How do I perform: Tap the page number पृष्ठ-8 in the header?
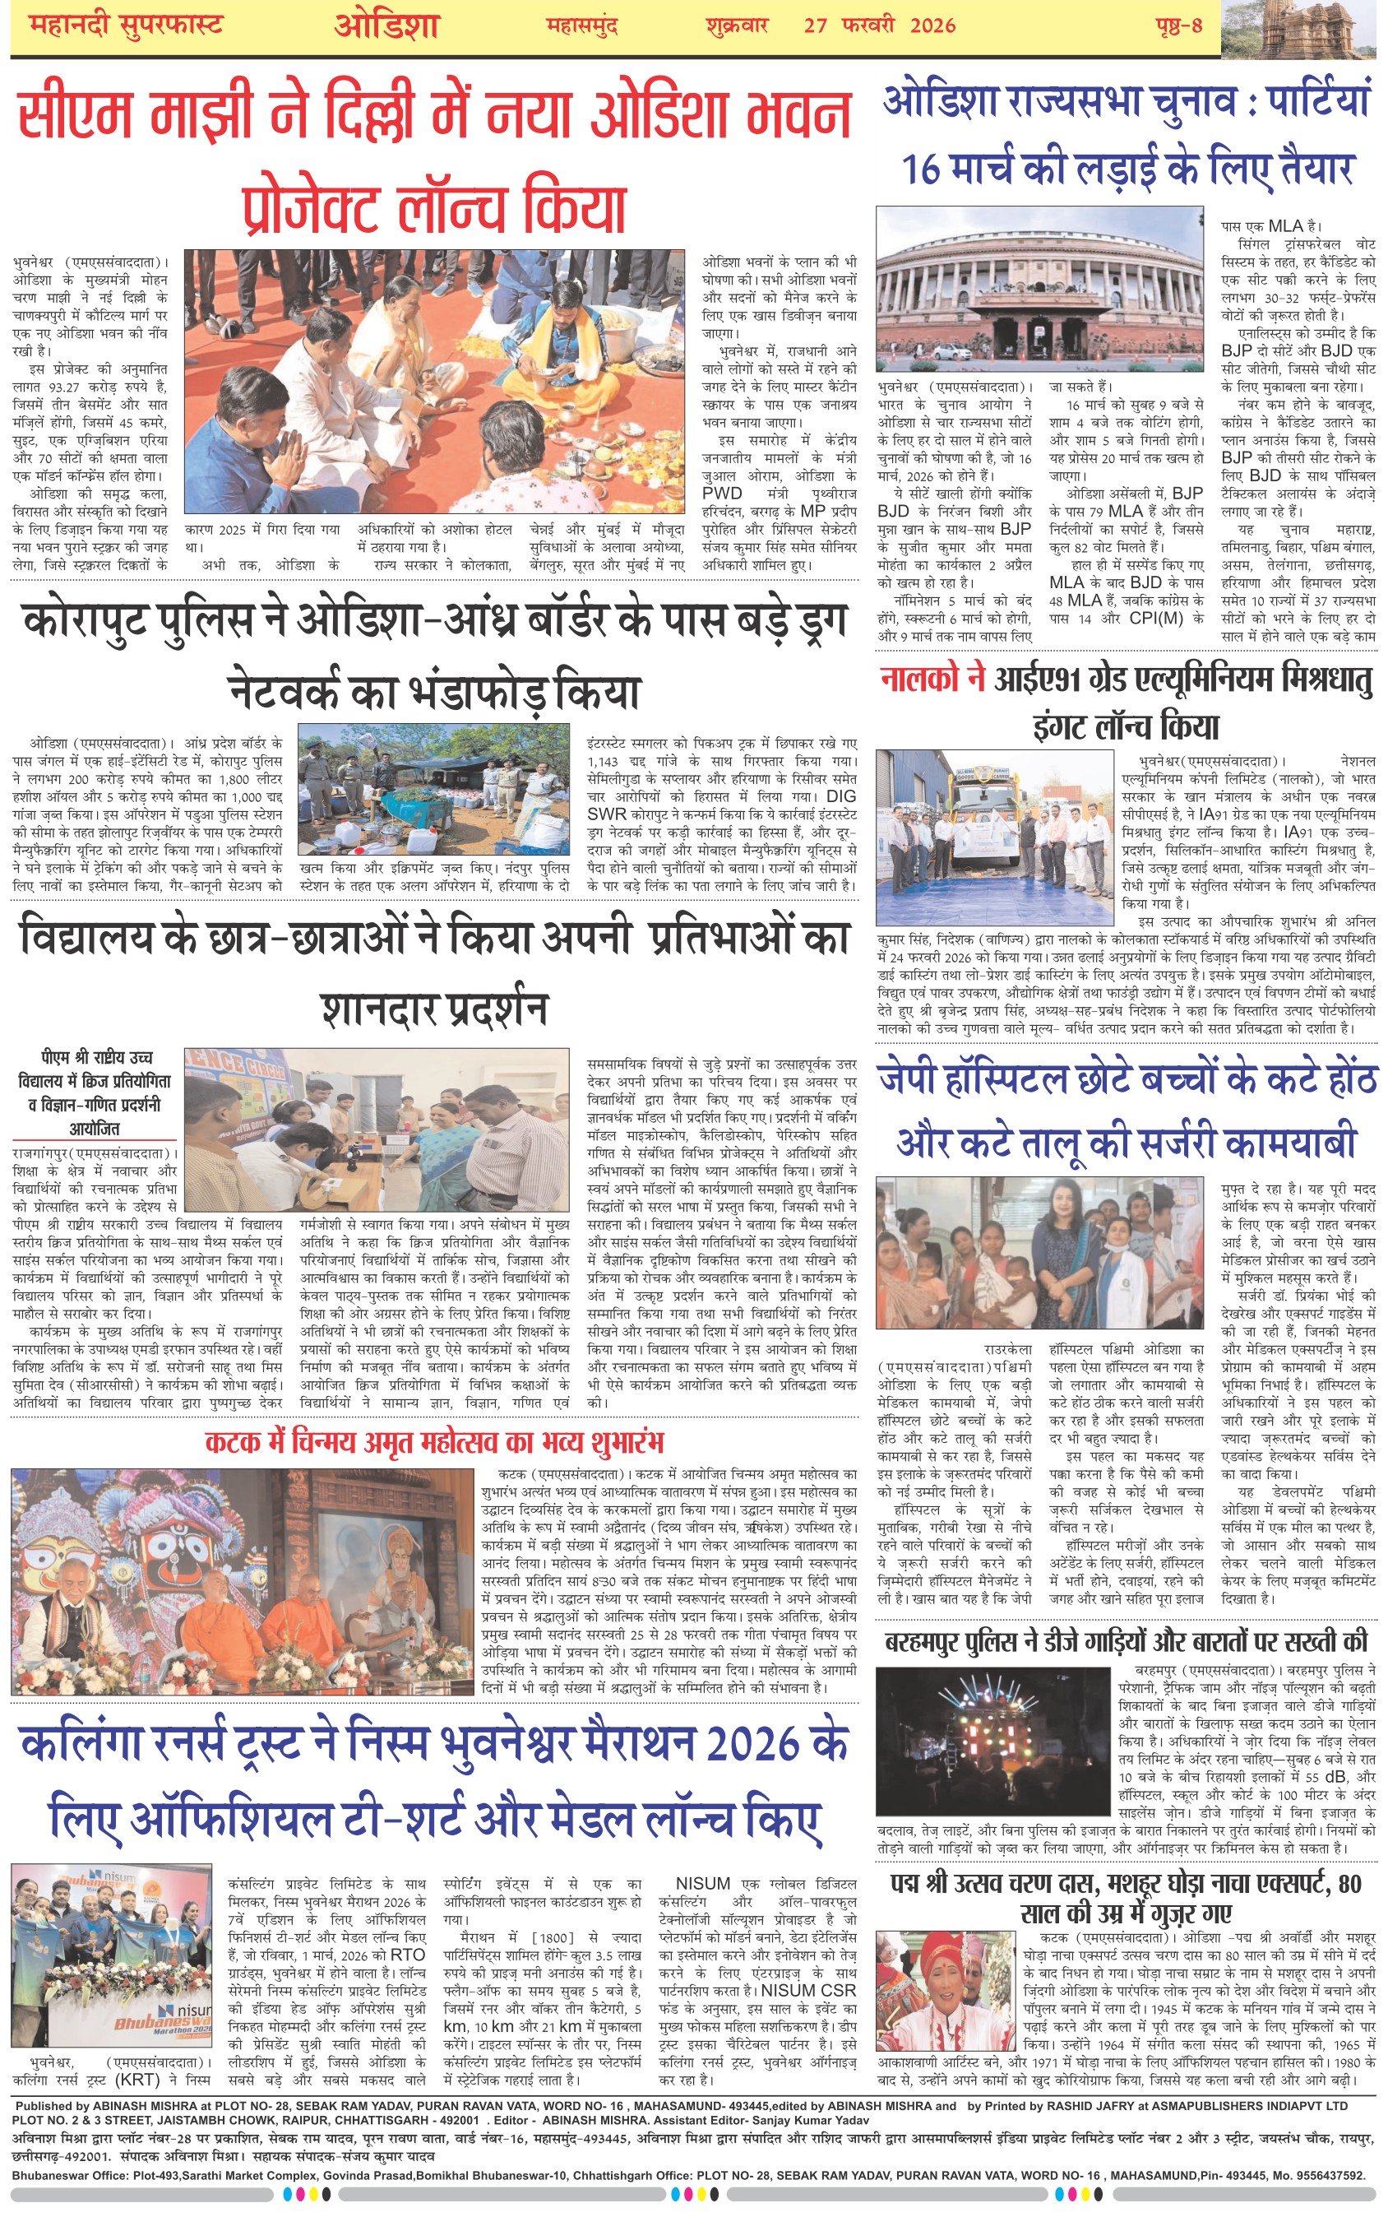[x=1178, y=25]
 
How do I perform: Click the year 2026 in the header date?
[x=932, y=25]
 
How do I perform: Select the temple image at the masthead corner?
[x=1303, y=27]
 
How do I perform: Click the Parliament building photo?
[x=1039, y=288]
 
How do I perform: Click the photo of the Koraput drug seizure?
[x=435, y=789]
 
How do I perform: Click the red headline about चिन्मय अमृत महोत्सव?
[x=433, y=1441]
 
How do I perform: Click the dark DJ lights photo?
[x=993, y=1739]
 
